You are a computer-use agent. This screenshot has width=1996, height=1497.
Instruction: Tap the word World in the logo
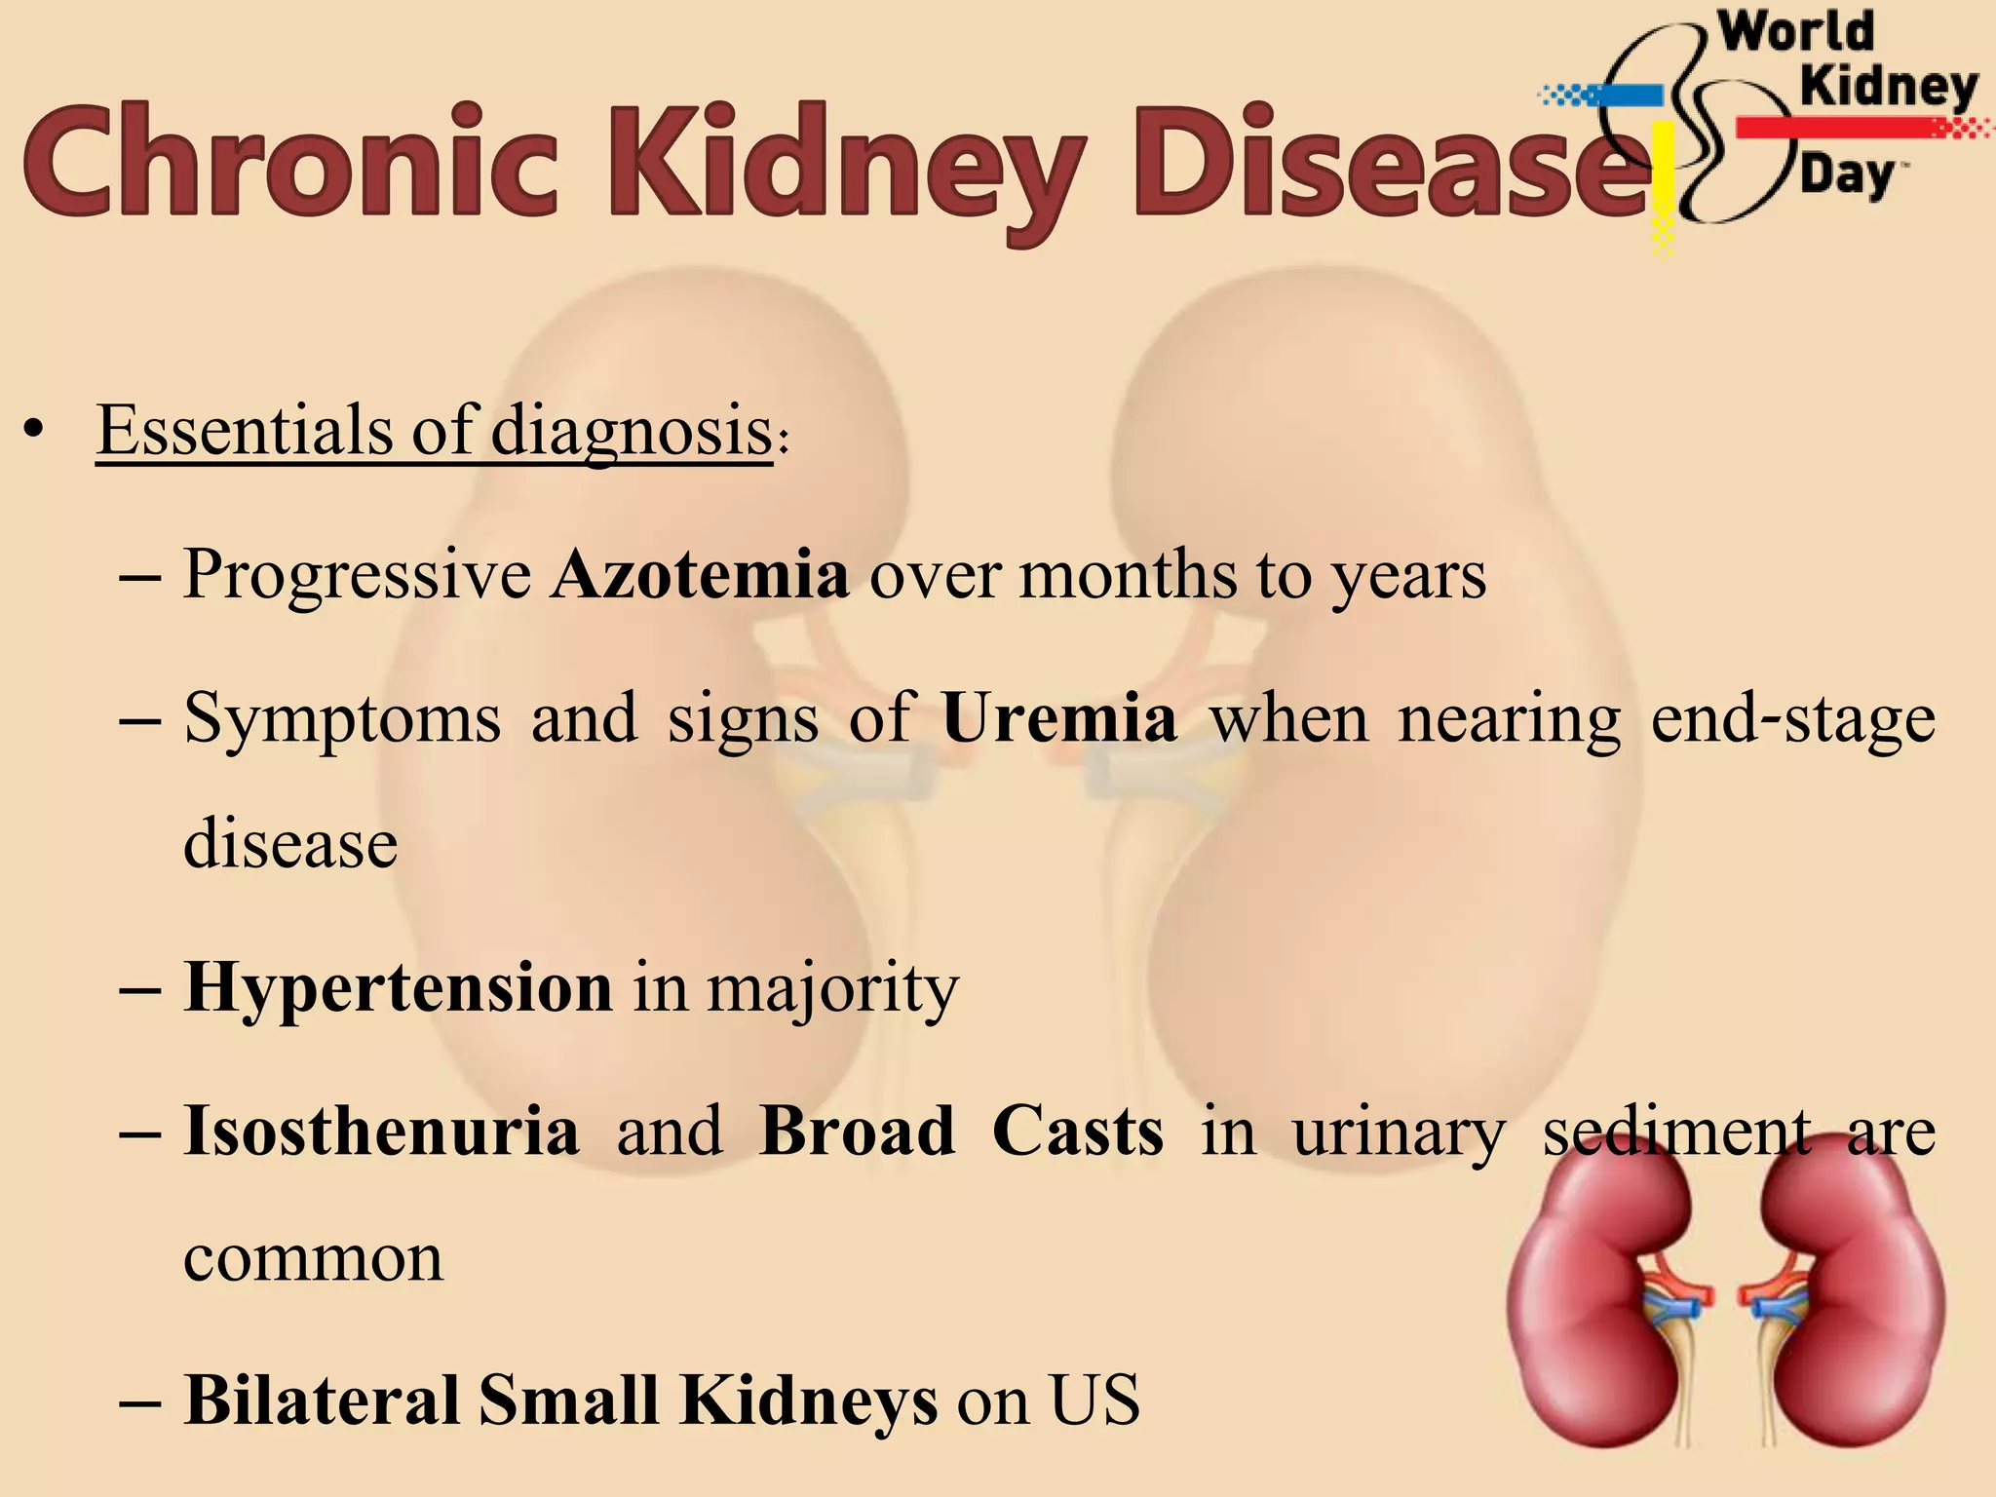tap(1795, 31)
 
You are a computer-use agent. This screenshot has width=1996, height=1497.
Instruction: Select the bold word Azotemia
tap(700, 575)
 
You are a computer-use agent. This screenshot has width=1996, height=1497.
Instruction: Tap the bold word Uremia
tap(1059, 719)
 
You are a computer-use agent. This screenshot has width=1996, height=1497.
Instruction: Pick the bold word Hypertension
tap(399, 988)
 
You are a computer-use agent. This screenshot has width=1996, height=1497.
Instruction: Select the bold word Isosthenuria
tap(381, 1132)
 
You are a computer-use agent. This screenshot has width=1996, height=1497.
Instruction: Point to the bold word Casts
tap(1078, 1132)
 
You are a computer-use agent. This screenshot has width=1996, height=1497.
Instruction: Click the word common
tap(313, 1258)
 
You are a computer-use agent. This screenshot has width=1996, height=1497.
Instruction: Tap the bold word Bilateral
tap(322, 1401)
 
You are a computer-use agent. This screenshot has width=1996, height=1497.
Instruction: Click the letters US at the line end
tap(1094, 1401)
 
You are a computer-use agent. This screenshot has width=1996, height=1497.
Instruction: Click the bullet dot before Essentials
tap(35, 431)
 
